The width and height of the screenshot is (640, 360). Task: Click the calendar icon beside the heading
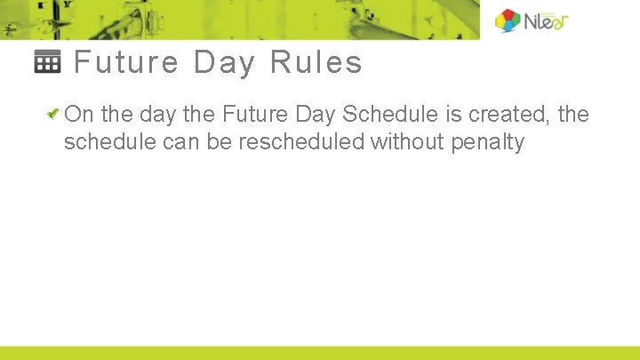click(47, 62)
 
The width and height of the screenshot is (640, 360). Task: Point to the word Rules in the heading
click(316, 63)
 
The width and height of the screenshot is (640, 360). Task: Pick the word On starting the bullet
click(79, 115)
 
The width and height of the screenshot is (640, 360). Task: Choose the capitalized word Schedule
click(384, 115)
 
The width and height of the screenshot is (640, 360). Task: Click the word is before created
click(442, 115)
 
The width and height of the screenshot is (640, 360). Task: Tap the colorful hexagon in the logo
click(508, 20)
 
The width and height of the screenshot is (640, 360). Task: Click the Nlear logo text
click(548, 20)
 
